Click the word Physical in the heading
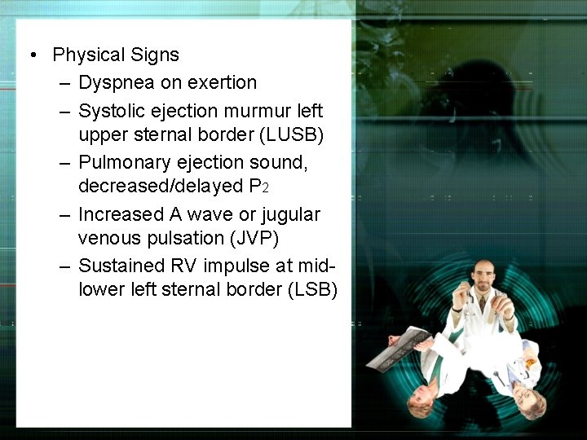coord(86,55)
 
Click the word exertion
coord(221,82)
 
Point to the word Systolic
coord(111,109)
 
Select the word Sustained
coord(119,266)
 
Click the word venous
coord(105,239)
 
